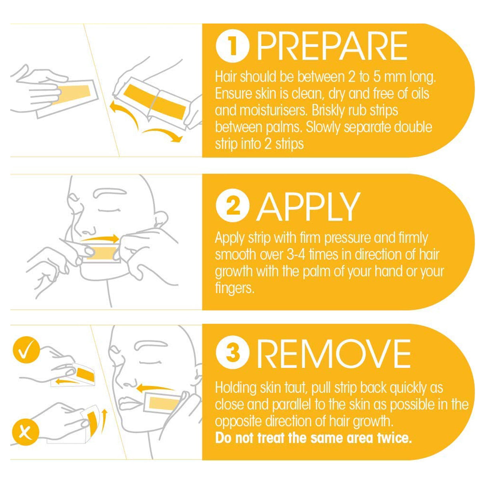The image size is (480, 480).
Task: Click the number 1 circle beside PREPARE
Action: click(232, 46)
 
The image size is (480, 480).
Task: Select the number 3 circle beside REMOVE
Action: click(232, 353)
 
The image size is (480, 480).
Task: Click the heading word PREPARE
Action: click(332, 46)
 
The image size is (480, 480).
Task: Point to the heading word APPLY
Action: click(308, 208)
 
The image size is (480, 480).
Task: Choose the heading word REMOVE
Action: click(334, 353)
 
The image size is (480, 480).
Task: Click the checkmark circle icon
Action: click(26, 350)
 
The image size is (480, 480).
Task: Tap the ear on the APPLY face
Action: click(160, 219)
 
